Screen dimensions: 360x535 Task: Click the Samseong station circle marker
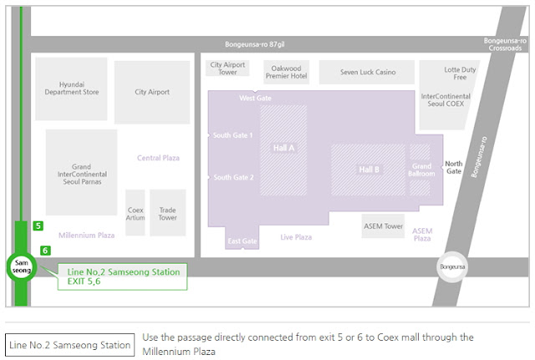tap(20, 267)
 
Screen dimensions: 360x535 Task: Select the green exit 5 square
tap(38, 226)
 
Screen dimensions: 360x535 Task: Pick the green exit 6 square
tap(45, 250)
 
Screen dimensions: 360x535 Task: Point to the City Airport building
tap(152, 92)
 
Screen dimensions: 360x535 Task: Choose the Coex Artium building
tap(135, 213)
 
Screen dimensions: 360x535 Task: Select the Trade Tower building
tap(168, 213)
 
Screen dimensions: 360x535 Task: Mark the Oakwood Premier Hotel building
tap(286, 72)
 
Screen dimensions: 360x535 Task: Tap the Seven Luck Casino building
tap(368, 73)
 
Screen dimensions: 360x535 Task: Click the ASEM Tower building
tap(383, 226)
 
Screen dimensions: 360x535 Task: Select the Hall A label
tap(283, 148)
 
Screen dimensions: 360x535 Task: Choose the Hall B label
tap(369, 170)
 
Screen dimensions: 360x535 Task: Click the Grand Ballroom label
tap(422, 170)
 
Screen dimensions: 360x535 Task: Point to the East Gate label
tap(242, 241)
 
